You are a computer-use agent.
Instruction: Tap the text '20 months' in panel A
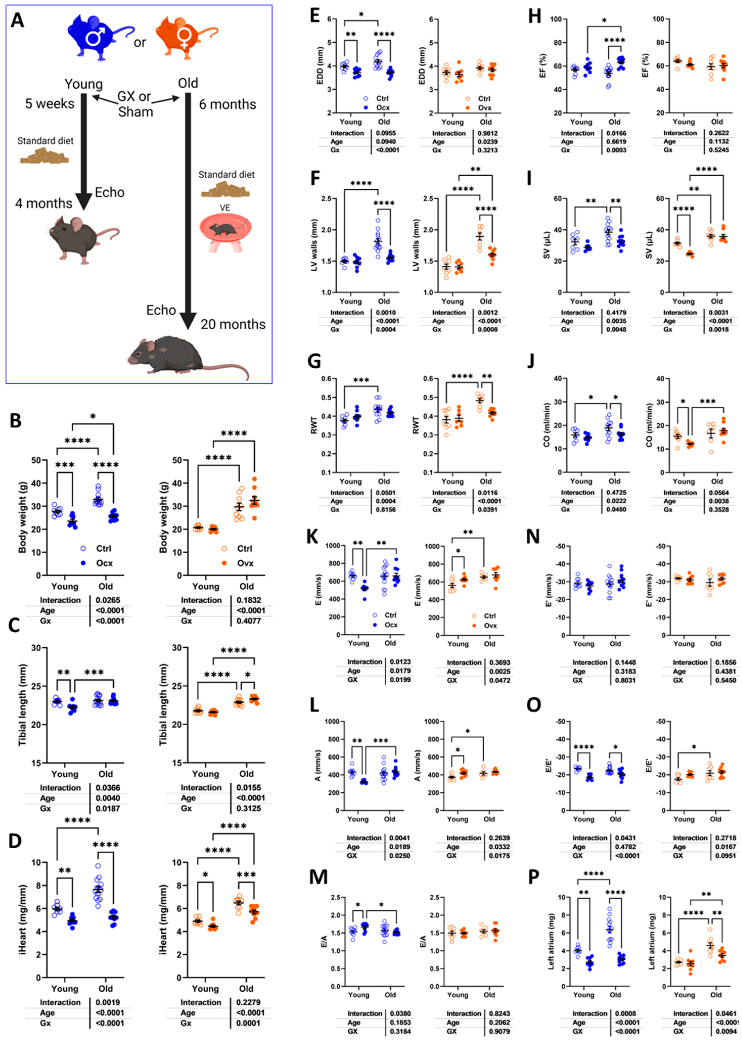233,324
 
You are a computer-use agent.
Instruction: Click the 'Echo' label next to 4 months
110,192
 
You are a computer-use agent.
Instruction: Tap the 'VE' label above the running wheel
225,208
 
